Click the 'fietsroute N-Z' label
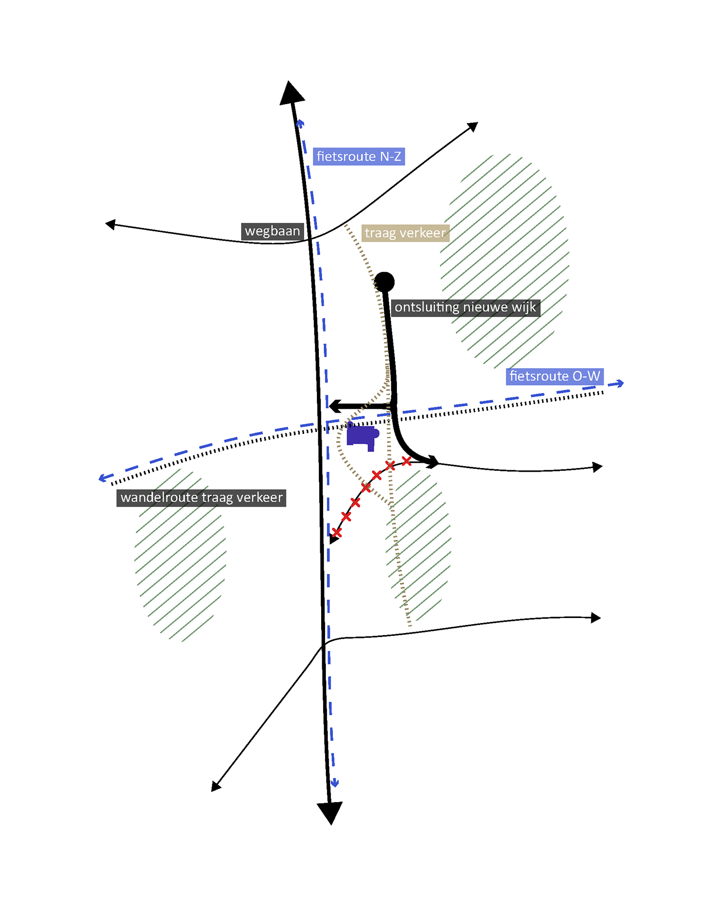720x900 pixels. pyautogui.click(x=359, y=157)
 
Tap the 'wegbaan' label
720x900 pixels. pyautogui.click(x=272, y=231)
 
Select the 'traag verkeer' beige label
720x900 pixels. pyautogui.click(x=405, y=233)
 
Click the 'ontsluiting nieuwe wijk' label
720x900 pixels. pyautogui.click(x=465, y=308)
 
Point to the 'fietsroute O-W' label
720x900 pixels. pyautogui.click(x=554, y=377)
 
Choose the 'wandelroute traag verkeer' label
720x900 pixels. pyautogui.click(x=202, y=498)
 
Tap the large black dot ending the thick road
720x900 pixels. pyautogui.click(x=384, y=282)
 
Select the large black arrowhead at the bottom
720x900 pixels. pyautogui.click(x=330, y=812)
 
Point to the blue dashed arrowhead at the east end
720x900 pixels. pyautogui.click(x=617, y=384)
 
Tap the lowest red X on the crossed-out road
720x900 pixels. pyautogui.click(x=336, y=533)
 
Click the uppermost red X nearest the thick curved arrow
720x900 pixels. pyautogui.click(x=406, y=461)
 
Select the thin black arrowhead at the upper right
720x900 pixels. pyautogui.click(x=473, y=127)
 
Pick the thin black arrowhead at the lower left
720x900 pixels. pyautogui.click(x=216, y=786)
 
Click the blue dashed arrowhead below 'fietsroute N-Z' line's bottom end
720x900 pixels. pyautogui.click(x=334, y=783)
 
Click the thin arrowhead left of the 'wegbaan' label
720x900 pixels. pyautogui.click(x=110, y=224)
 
